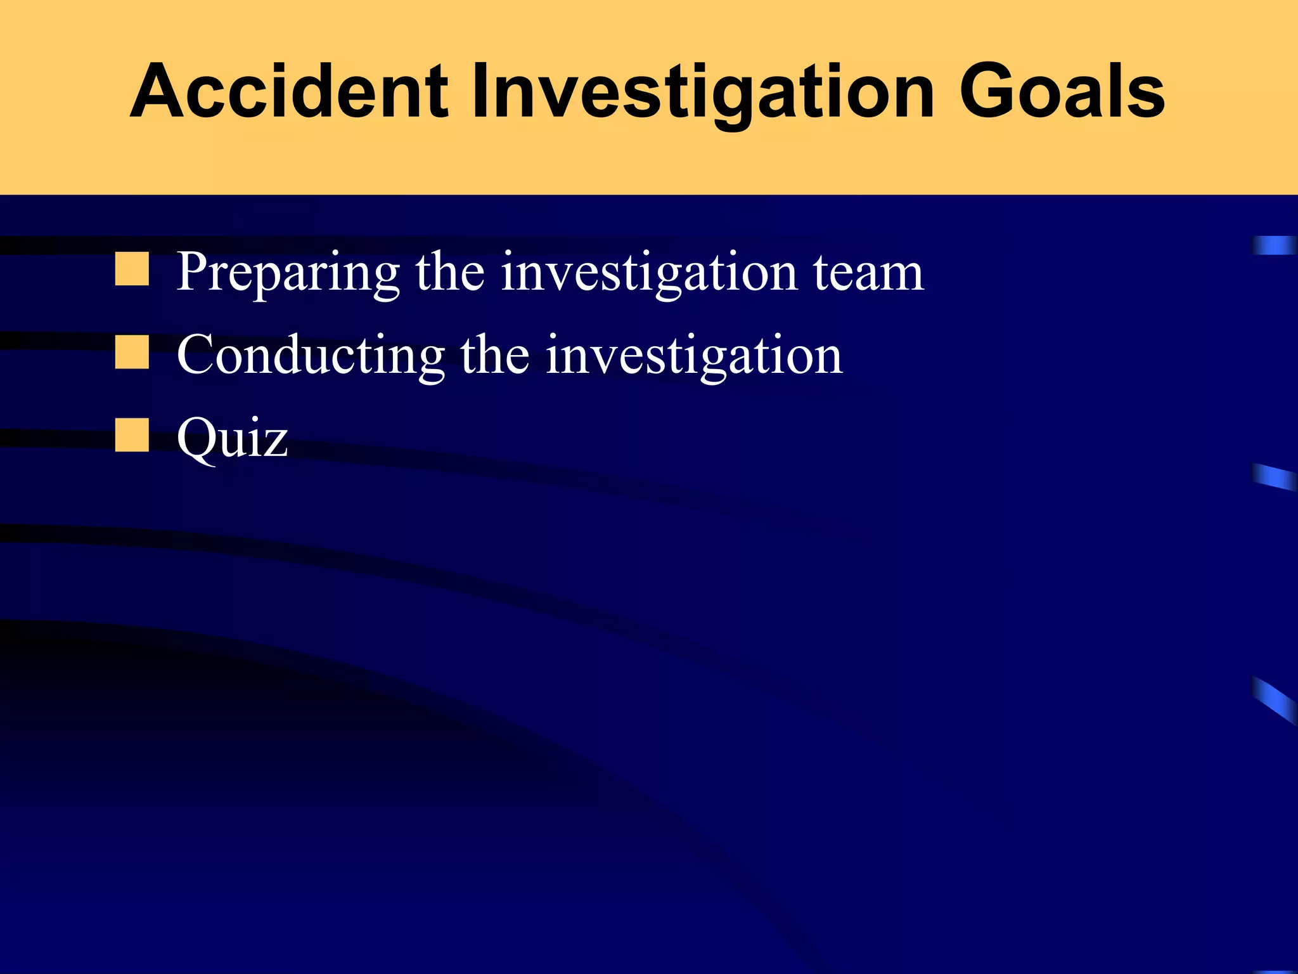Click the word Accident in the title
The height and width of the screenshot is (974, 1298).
[289, 91]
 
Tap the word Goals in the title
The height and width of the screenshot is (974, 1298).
[1062, 91]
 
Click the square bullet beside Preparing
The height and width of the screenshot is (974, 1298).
[132, 269]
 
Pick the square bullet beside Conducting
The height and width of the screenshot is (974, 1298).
[132, 352]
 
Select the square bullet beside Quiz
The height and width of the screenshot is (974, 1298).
[132, 435]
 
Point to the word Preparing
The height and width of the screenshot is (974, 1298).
[288, 273]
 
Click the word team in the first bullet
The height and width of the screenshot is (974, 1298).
[868, 273]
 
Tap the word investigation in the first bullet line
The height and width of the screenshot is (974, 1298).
[649, 273]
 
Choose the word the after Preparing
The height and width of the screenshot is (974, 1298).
[450, 273]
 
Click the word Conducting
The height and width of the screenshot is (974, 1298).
[311, 355]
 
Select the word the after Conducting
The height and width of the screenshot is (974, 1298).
[494, 355]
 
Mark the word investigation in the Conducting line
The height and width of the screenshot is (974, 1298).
[694, 355]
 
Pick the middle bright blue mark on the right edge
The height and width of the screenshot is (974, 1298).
[1274, 477]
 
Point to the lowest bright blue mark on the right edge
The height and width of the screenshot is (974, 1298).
[1274, 699]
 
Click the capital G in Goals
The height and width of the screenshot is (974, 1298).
[989, 91]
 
